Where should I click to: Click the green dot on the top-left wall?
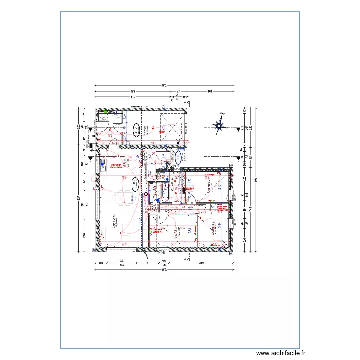(106, 111)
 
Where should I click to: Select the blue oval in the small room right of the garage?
(178, 157)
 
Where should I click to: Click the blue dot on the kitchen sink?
(102, 162)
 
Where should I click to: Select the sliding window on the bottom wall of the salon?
(120, 250)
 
